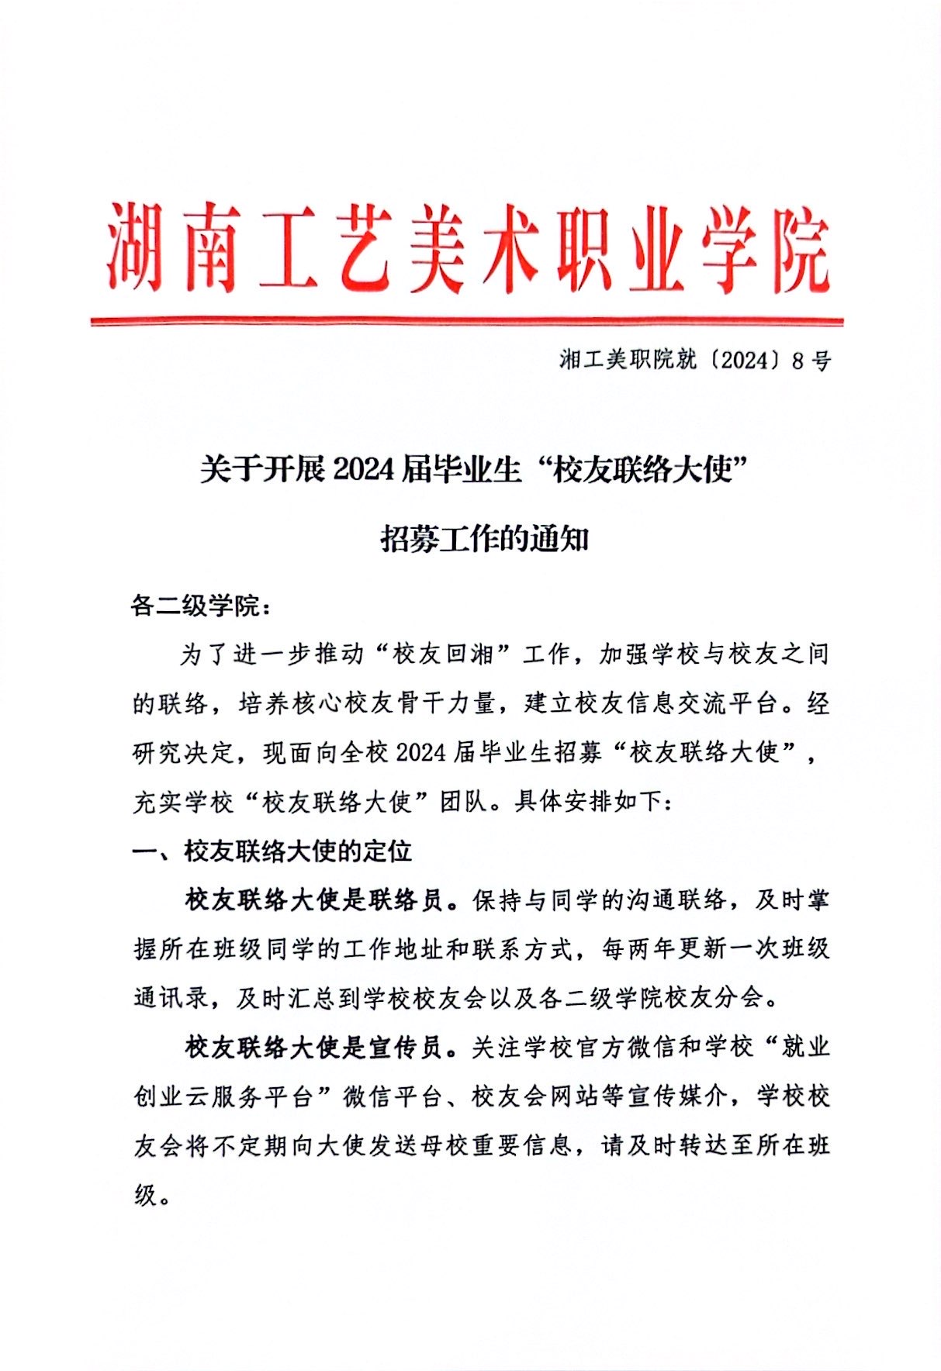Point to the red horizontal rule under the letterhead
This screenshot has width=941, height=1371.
(x=465, y=320)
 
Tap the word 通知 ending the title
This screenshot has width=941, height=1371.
(x=560, y=539)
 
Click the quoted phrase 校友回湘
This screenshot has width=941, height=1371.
(x=443, y=654)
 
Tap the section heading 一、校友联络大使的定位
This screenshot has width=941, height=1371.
(x=272, y=851)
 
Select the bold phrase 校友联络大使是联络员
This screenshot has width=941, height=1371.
(x=314, y=900)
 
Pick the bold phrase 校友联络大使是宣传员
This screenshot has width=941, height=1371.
(x=314, y=1047)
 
